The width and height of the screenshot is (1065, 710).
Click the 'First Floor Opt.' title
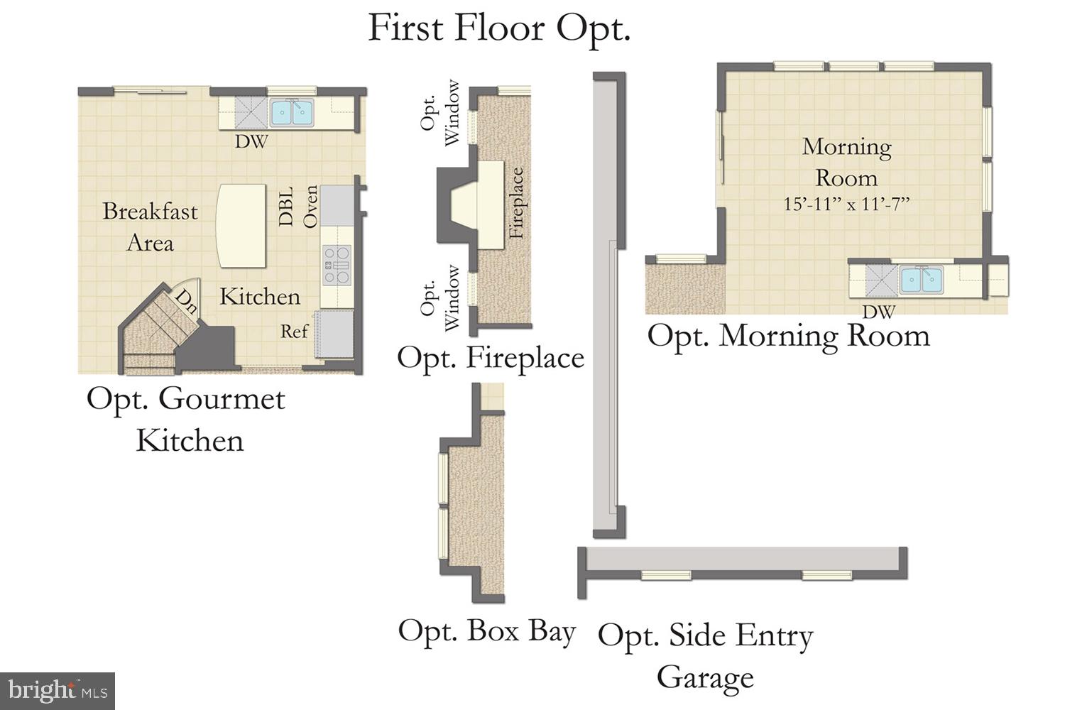[x=498, y=28]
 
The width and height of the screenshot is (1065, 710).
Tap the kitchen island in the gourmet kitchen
[x=241, y=226]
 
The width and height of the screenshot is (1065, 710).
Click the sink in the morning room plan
[x=922, y=280]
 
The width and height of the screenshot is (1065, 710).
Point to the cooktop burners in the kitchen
[x=337, y=265]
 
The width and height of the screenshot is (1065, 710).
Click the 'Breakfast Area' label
[x=150, y=227]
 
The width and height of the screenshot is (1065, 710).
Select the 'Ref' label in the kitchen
[x=294, y=332]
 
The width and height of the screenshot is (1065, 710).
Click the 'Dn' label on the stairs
[x=186, y=302]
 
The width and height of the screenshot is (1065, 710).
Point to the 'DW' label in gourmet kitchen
[x=251, y=142]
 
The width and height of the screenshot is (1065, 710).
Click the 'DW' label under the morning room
[x=878, y=311]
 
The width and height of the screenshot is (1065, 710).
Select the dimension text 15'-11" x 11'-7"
[x=846, y=204]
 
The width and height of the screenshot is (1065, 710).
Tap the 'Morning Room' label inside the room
[x=846, y=162]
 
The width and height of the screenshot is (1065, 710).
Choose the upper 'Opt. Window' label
[x=440, y=114]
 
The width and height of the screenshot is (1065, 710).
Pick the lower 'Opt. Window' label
[x=440, y=298]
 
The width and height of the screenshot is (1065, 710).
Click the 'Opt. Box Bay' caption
[x=486, y=631]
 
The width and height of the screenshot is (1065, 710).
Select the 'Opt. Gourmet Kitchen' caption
[x=186, y=420]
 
